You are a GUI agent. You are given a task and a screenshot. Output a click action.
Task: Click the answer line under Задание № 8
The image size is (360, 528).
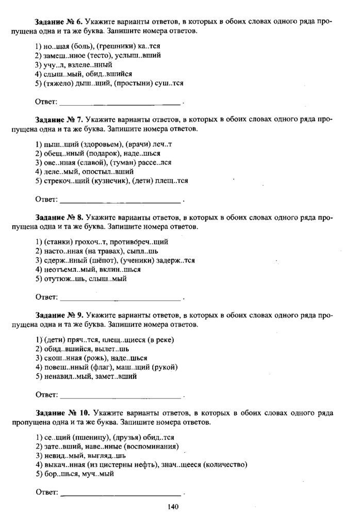(121, 298)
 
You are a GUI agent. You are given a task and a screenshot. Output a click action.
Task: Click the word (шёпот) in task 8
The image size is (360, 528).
(97, 260)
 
